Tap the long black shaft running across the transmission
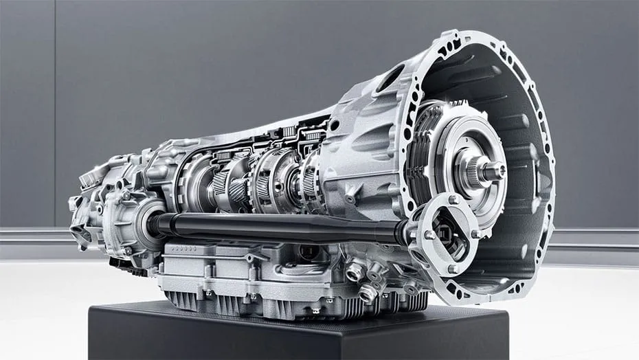coord(275,227)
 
